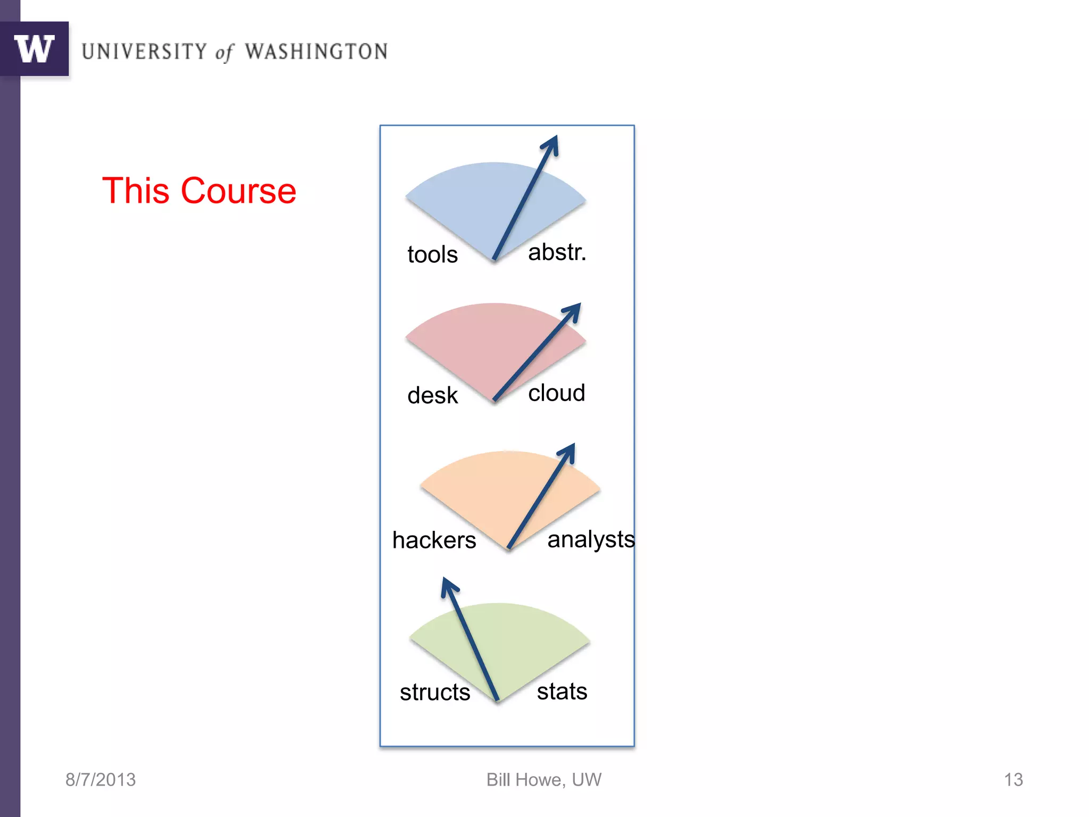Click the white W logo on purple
35,49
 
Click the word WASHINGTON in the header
316,52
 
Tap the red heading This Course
199,190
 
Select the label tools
432,254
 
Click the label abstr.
557,252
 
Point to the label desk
432,395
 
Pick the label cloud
556,393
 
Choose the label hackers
434,540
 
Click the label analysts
591,539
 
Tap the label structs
435,692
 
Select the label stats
562,691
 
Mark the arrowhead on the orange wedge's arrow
568,451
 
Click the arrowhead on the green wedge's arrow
448,586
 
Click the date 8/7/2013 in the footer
100,780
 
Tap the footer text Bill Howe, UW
543,780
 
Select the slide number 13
1013,780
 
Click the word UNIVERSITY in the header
144,52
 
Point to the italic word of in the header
224,53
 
